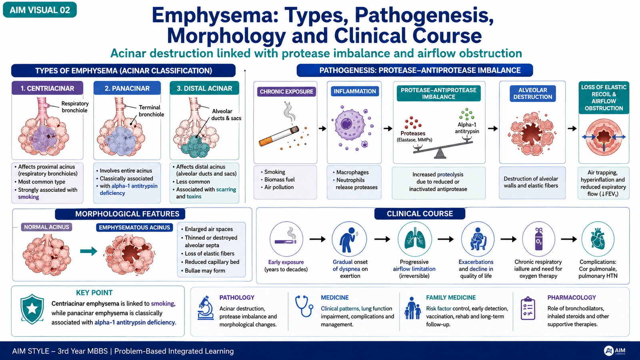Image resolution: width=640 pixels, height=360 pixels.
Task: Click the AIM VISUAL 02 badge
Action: pyautogui.click(x=40, y=10)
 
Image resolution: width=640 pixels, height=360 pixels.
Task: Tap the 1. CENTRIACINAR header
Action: pyautogui.click(x=48, y=88)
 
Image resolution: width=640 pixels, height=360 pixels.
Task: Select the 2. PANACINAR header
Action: pyautogui.click(x=127, y=88)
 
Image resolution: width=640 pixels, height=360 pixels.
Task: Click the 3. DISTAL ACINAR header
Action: pyautogui.click(x=204, y=88)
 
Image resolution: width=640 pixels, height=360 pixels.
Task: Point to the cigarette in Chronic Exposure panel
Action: pyautogui.click(x=279, y=136)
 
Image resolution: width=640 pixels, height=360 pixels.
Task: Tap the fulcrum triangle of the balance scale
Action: pyautogui.click(x=440, y=154)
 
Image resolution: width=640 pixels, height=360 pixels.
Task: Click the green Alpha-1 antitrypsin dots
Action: pyautogui.click(x=466, y=114)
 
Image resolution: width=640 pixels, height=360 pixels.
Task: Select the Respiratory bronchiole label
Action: pyautogui.click(x=75, y=107)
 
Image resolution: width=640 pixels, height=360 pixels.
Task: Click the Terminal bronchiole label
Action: pyautogui.click(x=151, y=111)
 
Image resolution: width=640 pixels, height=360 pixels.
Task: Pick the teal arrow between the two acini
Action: pyautogui.click(x=88, y=251)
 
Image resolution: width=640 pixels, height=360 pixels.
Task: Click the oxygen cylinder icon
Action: pyautogui.click(x=538, y=239)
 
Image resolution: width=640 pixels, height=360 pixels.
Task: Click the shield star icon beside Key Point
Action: pyautogui.click(x=32, y=309)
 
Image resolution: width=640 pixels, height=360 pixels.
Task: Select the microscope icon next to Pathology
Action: pyautogui.click(x=206, y=308)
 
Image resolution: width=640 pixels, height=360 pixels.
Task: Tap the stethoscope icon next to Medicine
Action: pyautogui.click(x=304, y=306)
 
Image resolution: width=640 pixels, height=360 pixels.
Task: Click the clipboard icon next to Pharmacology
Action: pyautogui.click(x=528, y=308)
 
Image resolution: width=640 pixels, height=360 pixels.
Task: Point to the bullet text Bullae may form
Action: pyautogui.click(x=205, y=270)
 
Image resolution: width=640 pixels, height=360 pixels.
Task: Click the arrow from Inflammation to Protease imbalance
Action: pyautogui.click(x=388, y=128)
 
